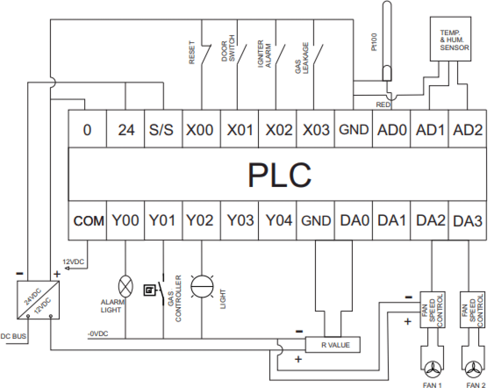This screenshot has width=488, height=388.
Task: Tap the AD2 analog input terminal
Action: click(467, 130)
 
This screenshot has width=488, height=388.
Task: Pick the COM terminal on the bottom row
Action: click(88, 221)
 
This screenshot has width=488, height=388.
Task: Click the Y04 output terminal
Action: click(278, 221)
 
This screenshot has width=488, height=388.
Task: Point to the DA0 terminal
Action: click(354, 221)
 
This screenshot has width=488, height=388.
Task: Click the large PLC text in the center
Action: click(279, 175)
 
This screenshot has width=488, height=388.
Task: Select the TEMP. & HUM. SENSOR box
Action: click(450, 39)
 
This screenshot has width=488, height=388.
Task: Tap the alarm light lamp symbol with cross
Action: click(125, 286)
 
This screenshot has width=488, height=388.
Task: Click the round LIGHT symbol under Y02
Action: click(202, 287)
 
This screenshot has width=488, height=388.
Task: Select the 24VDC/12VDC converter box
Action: click(38, 300)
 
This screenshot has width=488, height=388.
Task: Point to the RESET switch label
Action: click(191, 53)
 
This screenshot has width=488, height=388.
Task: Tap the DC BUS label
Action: click(13, 336)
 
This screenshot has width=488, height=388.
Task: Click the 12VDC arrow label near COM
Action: click(73, 262)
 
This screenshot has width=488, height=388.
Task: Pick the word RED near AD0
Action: click(382, 105)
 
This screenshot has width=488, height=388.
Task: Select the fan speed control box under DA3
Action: click(472, 309)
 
